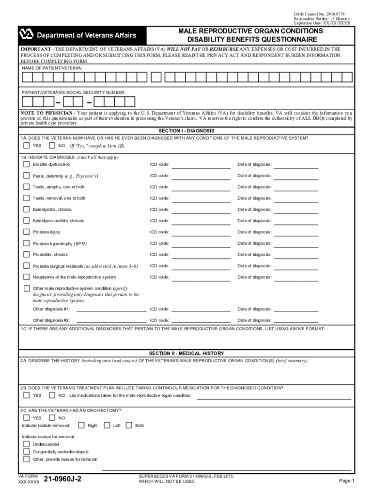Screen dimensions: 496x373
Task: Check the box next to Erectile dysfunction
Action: (x=26, y=164)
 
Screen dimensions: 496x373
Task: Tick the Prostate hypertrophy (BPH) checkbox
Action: (x=26, y=243)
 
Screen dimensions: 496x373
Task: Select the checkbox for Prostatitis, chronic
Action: (x=26, y=254)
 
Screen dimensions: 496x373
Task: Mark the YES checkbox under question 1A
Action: (x=26, y=145)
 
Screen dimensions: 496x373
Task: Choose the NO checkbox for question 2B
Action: (x=52, y=395)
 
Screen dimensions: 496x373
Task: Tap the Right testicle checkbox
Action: (x=81, y=425)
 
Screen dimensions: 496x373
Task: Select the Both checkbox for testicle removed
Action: (x=129, y=425)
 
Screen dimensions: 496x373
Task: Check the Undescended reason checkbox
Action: (x=26, y=444)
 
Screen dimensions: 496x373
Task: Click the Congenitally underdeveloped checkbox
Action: (x=26, y=451)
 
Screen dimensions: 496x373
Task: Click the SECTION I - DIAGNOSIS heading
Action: (x=186, y=131)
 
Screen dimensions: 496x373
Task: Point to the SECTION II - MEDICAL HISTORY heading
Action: (x=186, y=353)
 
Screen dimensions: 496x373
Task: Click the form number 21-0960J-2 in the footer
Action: (x=62, y=480)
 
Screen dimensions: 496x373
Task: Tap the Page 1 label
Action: (x=347, y=480)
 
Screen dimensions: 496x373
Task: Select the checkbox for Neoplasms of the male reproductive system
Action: (x=26, y=277)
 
